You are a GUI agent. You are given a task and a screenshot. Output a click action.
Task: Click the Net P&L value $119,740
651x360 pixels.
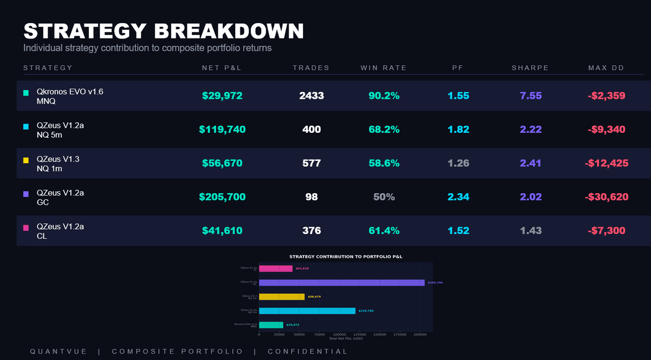[x=222, y=130]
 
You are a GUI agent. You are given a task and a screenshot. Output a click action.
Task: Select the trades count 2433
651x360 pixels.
[x=312, y=96]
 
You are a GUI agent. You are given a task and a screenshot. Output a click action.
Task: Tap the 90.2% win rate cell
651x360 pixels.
[x=384, y=96]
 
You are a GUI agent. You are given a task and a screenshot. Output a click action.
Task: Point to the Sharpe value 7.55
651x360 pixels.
[x=531, y=96]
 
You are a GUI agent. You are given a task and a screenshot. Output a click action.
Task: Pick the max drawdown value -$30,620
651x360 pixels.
[x=606, y=197]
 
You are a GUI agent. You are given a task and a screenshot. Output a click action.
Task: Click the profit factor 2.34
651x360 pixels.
[x=458, y=197]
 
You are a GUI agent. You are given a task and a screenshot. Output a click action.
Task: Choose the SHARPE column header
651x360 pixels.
[x=530, y=68]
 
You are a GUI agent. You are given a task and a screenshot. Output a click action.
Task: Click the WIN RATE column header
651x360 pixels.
[x=384, y=68]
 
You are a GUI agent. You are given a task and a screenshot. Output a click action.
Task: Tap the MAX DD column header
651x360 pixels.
[x=606, y=68]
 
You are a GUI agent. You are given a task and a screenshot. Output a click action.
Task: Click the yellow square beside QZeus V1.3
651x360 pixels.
[x=26, y=160]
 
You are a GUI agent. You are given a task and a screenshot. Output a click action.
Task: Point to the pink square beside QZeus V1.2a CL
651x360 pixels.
[x=26, y=228]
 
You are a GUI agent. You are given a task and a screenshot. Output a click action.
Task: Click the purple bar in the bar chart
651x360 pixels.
[x=341, y=282]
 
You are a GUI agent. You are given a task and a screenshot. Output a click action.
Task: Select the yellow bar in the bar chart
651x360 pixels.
[x=281, y=297]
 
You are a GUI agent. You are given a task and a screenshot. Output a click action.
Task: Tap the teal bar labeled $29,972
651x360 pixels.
[x=271, y=325]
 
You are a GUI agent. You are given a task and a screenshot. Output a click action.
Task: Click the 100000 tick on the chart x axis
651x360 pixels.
[x=339, y=334]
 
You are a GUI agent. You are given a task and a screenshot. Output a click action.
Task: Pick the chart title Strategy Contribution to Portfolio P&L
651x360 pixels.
[x=345, y=256]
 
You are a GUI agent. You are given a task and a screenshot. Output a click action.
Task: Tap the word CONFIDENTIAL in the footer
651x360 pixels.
[x=308, y=351]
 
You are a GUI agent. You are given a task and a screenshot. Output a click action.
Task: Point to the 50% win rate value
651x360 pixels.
[x=384, y=197]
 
